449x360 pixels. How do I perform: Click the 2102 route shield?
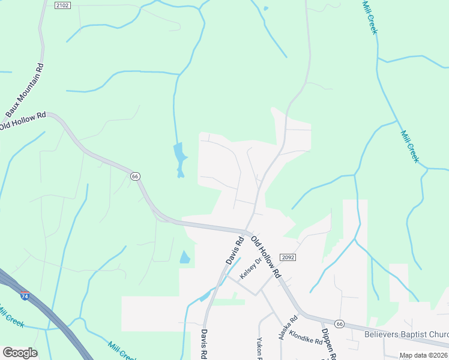[62, 5]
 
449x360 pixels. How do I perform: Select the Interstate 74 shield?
[25, 296]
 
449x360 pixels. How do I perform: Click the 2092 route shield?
[288, 257]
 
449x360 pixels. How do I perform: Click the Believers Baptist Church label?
[406, 333]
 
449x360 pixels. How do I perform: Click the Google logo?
[20, 353]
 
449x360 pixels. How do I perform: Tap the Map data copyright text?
[423, 355]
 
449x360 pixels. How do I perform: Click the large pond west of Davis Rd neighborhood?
[179, 158]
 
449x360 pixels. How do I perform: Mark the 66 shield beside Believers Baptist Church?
[339, 323]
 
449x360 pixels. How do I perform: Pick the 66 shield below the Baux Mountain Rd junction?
[134, 176]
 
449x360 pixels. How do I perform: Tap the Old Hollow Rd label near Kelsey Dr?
[266, 257]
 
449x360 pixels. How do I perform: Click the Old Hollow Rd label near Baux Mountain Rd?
[23, 121]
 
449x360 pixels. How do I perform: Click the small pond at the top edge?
[264, 8]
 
